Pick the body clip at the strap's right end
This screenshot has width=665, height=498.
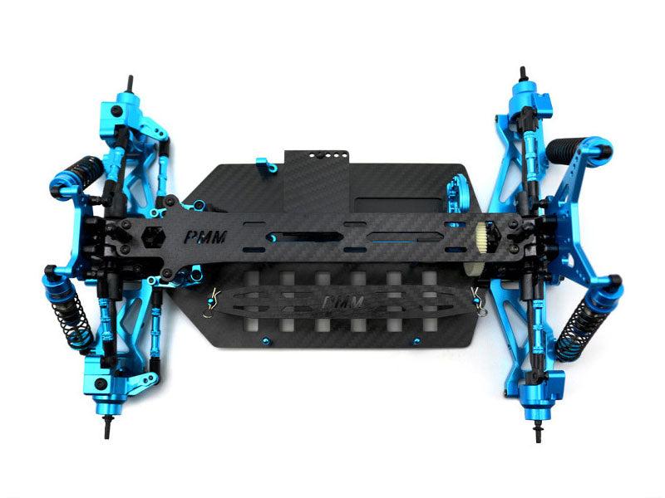pos(478,297)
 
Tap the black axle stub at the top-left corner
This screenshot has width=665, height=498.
pos(130,84)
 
